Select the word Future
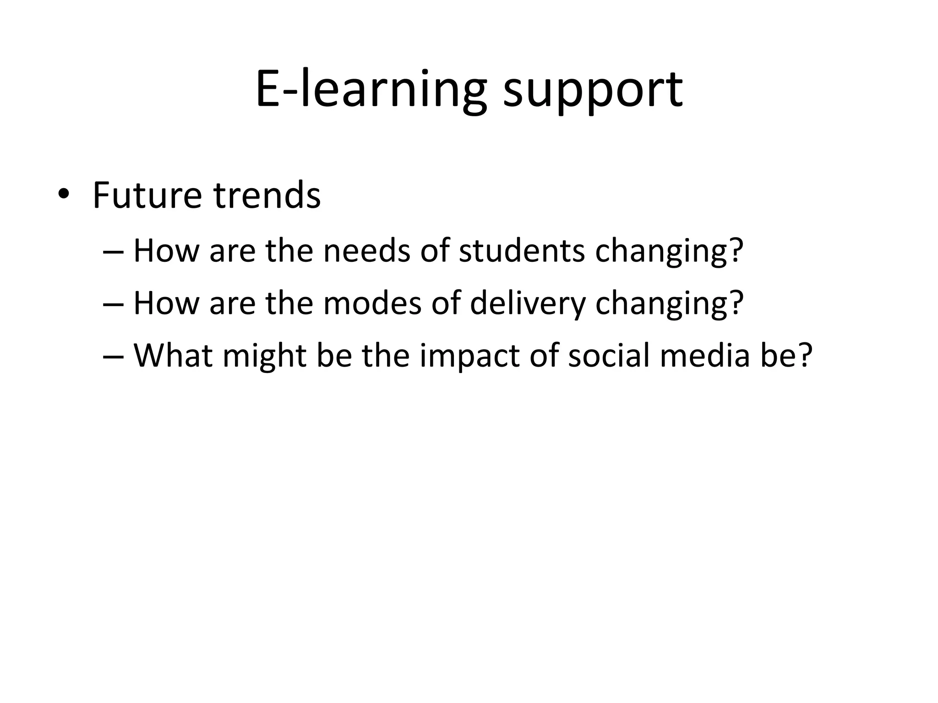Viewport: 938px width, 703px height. (147, 196)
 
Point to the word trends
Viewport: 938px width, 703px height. (267, 196)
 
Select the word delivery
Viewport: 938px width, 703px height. (528, 304)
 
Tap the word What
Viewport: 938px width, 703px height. (173, 356)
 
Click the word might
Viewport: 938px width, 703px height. (264, 357)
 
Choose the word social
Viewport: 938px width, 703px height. (609, 356)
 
